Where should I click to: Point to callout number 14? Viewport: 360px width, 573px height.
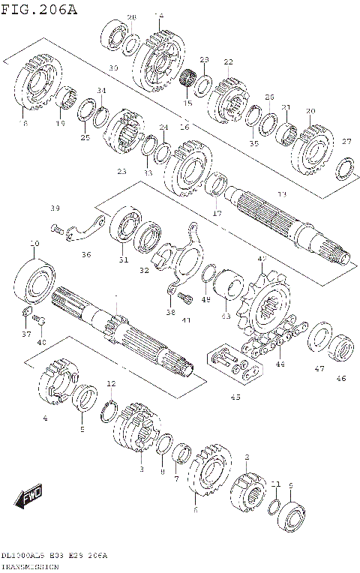(158, 16)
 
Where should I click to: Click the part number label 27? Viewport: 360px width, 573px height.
(346, 142)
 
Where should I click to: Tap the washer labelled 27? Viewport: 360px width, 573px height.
(345, 168)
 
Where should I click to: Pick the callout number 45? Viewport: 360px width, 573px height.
(235, 397)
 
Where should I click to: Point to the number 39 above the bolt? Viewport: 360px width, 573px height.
(55, 208)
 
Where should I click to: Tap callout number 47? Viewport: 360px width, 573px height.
(319, 369)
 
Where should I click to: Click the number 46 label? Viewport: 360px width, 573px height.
(341, 379)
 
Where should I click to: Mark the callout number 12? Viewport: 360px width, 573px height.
(111, 383)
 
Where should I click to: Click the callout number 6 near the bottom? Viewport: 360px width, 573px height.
(195, 510)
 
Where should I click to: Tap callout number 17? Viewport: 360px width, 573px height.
(217, 214)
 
